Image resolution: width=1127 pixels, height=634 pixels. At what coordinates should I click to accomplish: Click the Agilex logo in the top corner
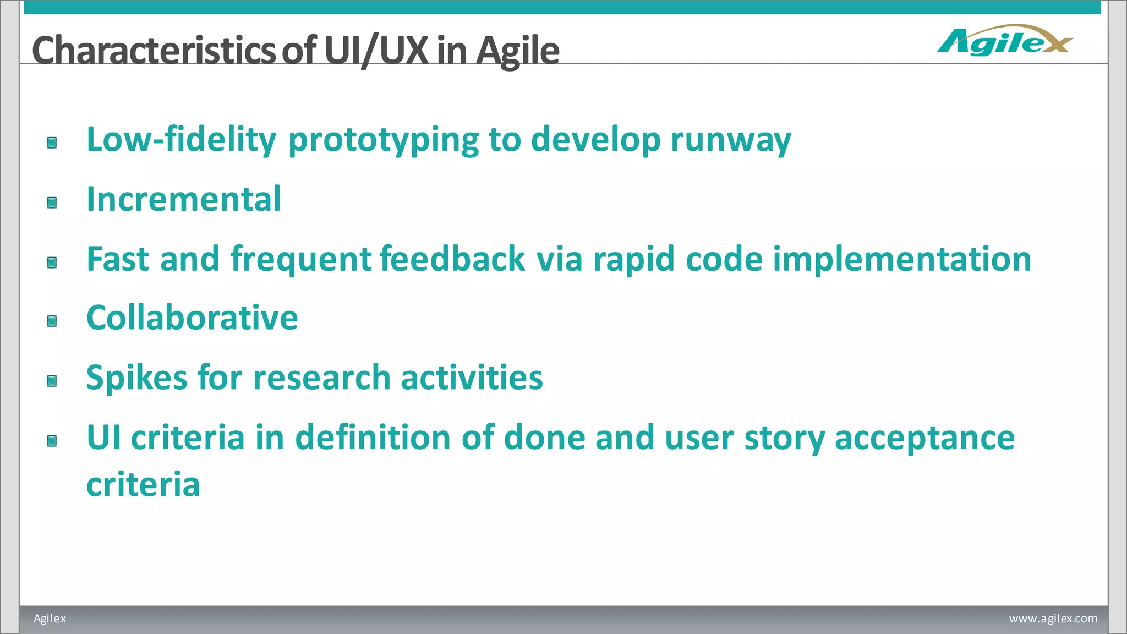(1005, 41)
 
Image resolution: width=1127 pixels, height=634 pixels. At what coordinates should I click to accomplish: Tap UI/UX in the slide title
(376, 51)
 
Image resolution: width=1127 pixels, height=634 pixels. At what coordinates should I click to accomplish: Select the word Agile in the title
(517, 51)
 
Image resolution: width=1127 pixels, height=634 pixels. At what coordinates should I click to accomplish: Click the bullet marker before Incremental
(52, 203)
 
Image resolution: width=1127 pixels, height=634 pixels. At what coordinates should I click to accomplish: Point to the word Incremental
(184, 199)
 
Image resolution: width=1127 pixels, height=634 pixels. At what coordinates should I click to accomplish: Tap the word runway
(731, 140)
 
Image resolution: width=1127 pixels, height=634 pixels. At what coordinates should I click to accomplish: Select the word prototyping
(384, 140)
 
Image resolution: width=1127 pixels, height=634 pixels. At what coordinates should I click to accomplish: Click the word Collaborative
(192, 318)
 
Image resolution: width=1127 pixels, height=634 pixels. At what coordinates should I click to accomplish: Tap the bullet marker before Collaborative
(52, 321)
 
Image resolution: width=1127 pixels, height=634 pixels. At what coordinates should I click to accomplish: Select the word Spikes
(137, 378)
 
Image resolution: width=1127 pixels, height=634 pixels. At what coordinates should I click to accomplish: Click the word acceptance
(924, 438)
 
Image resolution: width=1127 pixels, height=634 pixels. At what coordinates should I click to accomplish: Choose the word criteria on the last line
(143, 484)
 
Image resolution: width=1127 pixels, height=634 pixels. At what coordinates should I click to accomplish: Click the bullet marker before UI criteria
(52, 441)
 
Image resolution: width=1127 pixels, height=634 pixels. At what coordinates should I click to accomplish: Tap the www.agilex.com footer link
(1053, 619)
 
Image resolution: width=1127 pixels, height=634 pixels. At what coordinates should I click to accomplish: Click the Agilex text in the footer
(50, 619)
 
